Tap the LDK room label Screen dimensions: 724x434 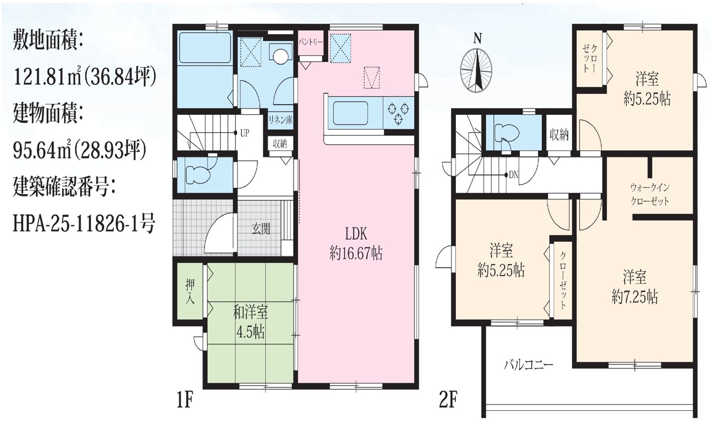coord(356,234)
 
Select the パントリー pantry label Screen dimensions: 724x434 coord(311,42)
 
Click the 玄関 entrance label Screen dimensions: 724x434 coord(261,229)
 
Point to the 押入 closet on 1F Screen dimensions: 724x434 coord(190,291)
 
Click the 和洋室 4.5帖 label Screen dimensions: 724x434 coord(251,322)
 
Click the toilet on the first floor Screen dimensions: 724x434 coord(198,175)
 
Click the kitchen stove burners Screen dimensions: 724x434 coord(398,113)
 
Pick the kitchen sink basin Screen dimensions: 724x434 coord(350,113)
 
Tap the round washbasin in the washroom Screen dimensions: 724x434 coord(280,56)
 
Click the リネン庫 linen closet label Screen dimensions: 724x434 coord(281,121)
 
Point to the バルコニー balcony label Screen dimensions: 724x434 coord(529,365)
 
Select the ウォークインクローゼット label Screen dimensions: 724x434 coord(650,194)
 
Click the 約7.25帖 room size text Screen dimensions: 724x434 coord(635,297)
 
